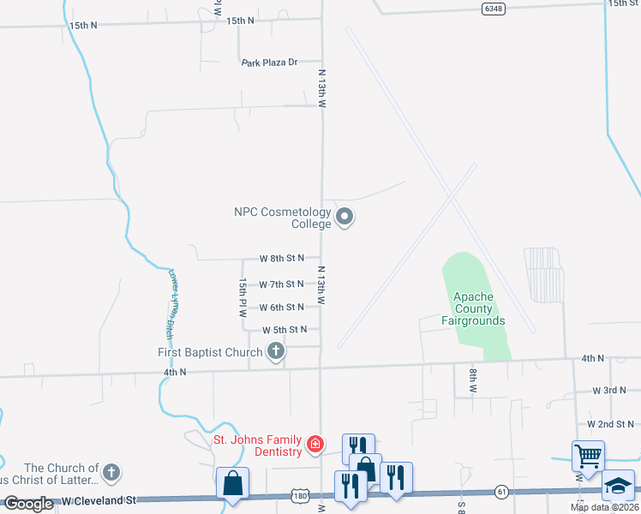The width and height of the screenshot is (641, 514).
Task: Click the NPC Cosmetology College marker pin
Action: [x=344, y=217]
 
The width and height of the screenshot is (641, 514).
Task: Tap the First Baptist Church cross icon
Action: [x=276, y=351]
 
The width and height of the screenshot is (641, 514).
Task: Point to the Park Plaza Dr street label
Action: [x=269, y=63]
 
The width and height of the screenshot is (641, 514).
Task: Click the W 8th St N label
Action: [x=282, y=258]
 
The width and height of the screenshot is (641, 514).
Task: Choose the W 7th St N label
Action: [x=282, y=284]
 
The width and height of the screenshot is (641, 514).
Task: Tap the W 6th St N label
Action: [x=282, y=307]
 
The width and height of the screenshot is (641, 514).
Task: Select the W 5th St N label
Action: [x=285, y=330]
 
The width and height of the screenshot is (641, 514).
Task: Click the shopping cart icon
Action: [x=589, y=456]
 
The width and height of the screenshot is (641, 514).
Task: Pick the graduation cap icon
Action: [x=618, y=485]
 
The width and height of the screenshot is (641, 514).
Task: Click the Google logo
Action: [x=29, y=504]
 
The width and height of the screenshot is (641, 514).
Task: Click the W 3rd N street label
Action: [x=611, y=390]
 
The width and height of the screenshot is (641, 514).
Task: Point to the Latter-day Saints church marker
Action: [x=111, y=472]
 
